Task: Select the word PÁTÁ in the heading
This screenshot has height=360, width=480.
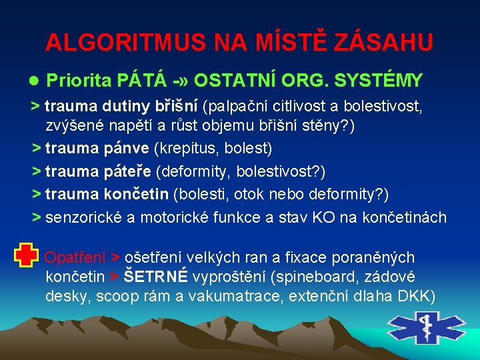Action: coord(141,81)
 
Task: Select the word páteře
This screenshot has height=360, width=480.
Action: coord(127,171)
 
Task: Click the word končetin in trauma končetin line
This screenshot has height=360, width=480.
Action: coord(136,194)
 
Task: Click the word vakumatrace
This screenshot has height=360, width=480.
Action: coord(231,295)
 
